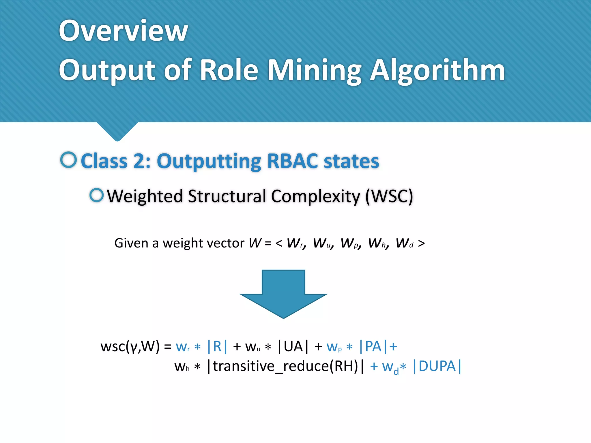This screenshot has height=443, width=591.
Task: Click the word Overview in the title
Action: point(124,31)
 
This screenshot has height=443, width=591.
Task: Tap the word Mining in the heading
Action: point(314,70)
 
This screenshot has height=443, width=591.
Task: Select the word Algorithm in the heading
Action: point(437,70)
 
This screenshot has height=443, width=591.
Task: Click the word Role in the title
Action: point(229,70)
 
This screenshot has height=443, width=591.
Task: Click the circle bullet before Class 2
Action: point(69,160)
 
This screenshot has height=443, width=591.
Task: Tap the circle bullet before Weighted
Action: point(96,195)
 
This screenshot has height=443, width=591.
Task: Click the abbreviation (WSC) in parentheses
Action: point(389,196)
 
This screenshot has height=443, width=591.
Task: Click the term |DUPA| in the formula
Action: point(437,366)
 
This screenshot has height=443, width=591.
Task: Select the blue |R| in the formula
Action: point(217,346)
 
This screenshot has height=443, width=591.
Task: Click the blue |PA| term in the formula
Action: point(373,346)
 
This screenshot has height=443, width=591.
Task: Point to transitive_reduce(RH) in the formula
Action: point(285,366)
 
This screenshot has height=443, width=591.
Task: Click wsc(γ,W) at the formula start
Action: point(130,346)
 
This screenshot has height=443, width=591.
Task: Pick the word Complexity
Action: point(316,196)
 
